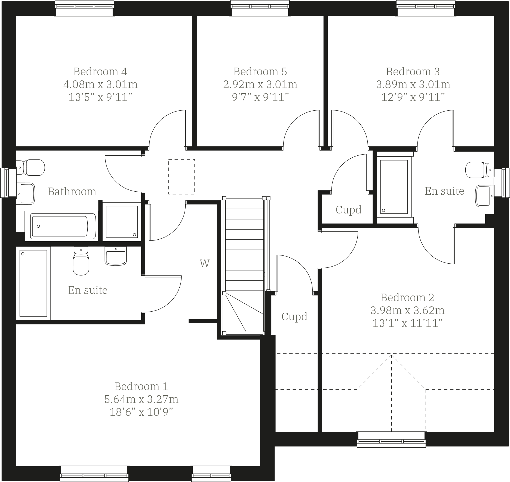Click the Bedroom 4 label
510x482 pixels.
point(100,71)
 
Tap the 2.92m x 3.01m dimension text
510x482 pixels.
point(260,85)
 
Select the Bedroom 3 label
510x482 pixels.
point(413,71)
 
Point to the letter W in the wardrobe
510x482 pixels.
point(204,264)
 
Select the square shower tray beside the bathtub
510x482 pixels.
point(122,222)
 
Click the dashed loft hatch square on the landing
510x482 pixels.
point(181,177)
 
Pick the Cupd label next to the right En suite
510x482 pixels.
point(348,210)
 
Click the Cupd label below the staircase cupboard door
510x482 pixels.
point(294,317)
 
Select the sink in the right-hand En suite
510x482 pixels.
point(484,196)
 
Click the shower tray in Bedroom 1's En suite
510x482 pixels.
point(33,283)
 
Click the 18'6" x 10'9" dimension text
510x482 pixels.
point(141,412)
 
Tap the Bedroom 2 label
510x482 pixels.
point(407,297)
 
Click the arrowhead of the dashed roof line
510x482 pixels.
point(391,356)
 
